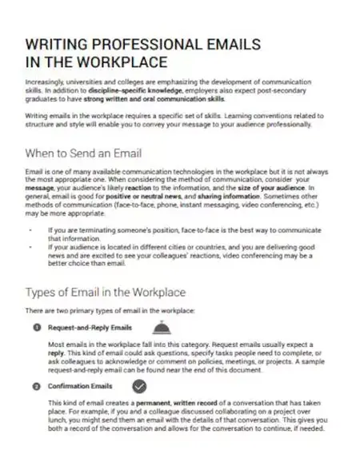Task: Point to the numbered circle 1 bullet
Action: [x=37, y=328]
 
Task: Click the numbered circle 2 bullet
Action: [x=37, y=386]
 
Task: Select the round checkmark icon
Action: [x=138, y=386]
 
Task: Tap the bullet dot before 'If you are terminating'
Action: [x=30, y=229]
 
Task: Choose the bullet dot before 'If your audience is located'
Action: [x=30, y=245]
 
